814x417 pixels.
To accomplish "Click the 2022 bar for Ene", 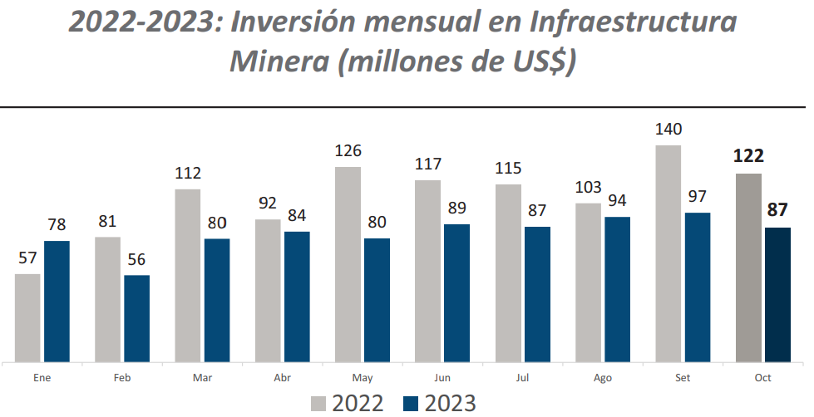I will [x=27, y=318].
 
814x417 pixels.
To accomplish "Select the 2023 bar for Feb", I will [x=136, y=319].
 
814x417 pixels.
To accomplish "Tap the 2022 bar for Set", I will [x=668, y=254].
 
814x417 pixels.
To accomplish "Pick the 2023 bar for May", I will [x=377, y=301].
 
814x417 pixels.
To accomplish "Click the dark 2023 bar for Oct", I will [x=777, y=295].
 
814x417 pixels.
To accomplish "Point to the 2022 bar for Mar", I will [x=188, y=276].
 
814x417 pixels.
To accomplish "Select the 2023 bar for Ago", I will [x=617, y=290].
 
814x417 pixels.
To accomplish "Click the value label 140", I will [x=668, y=129].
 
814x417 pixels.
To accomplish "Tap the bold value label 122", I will [x=748, y=157].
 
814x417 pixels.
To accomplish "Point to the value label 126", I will [x=348, y=150].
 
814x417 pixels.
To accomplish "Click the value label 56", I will [x=136, y=258].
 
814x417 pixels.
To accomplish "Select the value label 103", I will [x=589, y=187].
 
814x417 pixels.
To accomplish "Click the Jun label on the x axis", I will [x=442, y=378].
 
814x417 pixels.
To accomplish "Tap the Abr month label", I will [x=283, y=378].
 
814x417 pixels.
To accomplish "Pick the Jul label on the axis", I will [x=522, y=378].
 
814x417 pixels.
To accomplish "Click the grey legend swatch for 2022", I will [x=319, y=404].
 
